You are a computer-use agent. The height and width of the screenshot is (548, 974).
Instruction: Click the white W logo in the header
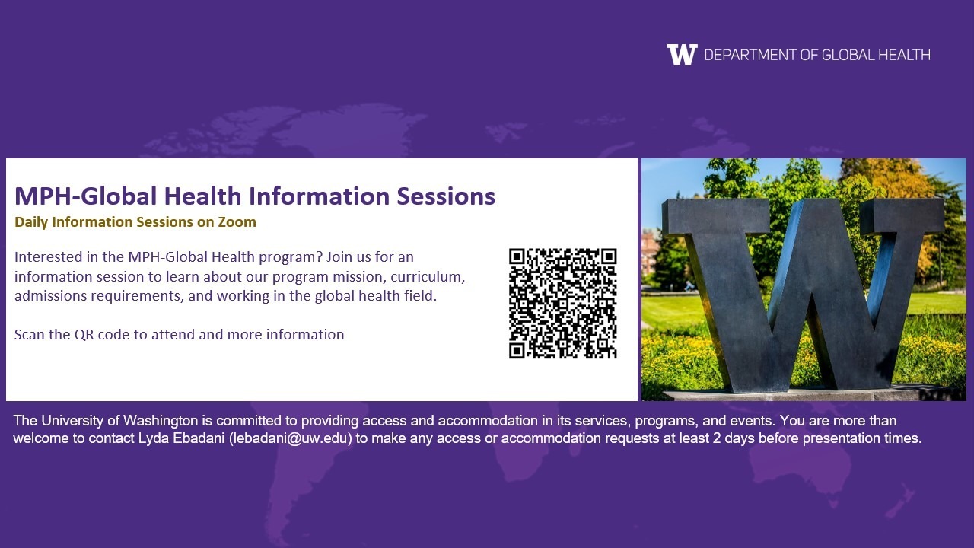click(x=683, y=54)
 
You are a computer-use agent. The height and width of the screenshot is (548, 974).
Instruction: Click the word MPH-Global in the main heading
click(x=85, y=196)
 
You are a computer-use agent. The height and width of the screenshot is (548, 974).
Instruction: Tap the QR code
click(x=562, y=304)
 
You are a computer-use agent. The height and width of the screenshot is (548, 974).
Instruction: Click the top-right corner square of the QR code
click(x=608, y=256)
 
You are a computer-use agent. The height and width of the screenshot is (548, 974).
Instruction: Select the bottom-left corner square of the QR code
click(x=517, y=350)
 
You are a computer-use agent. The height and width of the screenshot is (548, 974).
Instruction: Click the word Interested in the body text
click(x=48, y=257)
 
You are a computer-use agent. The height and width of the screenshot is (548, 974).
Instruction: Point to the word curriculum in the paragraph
click(x=428, y=276)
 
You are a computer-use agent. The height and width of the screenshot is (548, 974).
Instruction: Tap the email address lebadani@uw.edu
click(x=291, y=438)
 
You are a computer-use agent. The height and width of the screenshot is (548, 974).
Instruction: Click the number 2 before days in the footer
click(x=717, y=438)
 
